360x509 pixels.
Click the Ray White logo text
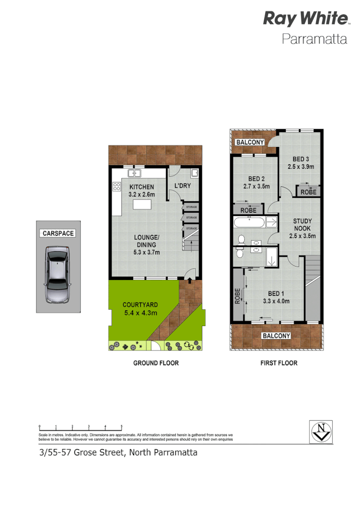click(305, 19)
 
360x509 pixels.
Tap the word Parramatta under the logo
click(314, 39)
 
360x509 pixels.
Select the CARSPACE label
click(58, 233)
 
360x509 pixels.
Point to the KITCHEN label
click(141, 187)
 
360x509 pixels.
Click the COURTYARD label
click(140, 305)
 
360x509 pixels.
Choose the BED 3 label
click(300, 159)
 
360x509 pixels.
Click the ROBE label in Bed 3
click(308, 192)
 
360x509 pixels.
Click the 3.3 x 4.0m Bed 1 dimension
click(276, 302)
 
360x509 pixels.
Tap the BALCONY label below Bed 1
click(276, 336)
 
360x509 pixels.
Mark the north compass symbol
click(320, 432)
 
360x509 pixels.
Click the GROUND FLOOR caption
click(156, 363)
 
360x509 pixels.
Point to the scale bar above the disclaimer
click(81, 427)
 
